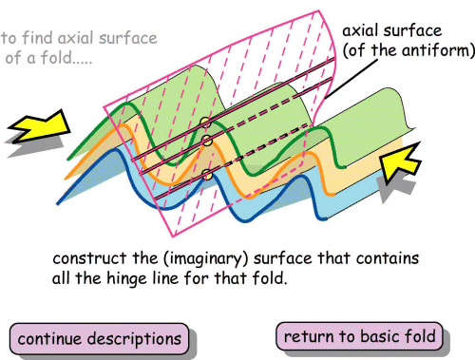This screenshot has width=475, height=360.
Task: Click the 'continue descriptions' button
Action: (100, 338)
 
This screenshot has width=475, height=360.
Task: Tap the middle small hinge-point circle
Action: (202, 142)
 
